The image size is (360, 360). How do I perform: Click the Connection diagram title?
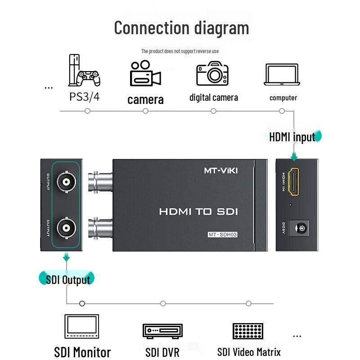181,27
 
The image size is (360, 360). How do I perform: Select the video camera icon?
145,73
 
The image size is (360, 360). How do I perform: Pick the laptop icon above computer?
282,75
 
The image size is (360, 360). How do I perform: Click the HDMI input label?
292,137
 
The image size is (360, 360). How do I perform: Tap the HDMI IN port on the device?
294,182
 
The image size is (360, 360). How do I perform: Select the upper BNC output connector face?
66,182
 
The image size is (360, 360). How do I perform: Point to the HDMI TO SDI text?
198,211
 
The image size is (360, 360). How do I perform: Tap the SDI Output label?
68,279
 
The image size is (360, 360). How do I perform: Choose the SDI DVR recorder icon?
162,331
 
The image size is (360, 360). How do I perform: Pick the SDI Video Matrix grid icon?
248,331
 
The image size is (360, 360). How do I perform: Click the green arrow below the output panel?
67,257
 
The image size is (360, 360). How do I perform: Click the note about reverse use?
180,51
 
